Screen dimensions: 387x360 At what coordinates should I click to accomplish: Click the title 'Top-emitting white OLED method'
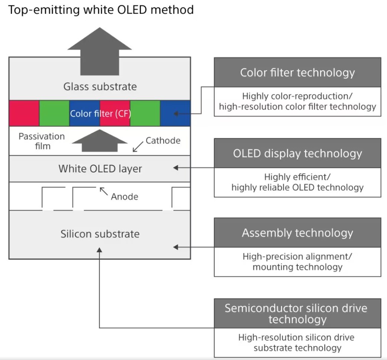click(x=101, y=10)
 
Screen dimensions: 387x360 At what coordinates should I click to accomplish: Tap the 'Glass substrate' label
click(x=100, y=87)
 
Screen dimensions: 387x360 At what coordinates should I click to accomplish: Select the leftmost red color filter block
click(x=24, y=113)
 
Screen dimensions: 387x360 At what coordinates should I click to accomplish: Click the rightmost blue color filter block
click(x=175, y=113)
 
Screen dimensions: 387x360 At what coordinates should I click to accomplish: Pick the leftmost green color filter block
click(x=54, y=113)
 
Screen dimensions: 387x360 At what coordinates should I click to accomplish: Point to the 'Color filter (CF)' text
click(x=100, y=113)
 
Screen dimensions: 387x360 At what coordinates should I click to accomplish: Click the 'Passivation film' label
click(x=42, y=141)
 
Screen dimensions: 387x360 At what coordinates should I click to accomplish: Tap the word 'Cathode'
click(x=163, y=140)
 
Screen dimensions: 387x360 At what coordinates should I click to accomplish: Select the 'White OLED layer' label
click(x=100, y=169)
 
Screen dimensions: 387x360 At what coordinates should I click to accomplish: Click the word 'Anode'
click(x=125, y=197)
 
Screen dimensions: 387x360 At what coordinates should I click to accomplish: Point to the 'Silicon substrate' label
click(x=100, y=234)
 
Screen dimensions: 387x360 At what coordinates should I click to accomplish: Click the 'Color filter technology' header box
click(x=297, y=72)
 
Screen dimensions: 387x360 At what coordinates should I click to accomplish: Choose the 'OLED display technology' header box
click(x=297, y=153)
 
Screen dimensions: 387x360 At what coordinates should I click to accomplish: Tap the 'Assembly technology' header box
click(x=297, y=233)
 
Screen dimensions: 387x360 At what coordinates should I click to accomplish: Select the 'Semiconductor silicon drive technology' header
click(x=297, y=314)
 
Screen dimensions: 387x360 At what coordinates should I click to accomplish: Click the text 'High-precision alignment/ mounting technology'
click(x=297, y=262)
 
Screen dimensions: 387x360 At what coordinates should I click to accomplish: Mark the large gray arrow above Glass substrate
click(x=100, y=51)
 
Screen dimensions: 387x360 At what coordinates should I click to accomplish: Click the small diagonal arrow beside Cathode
click(x=138, y=147)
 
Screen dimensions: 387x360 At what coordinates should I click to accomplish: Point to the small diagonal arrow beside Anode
click(x=104, y=191)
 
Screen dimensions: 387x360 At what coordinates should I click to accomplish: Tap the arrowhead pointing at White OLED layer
click(x=176, y=168)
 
